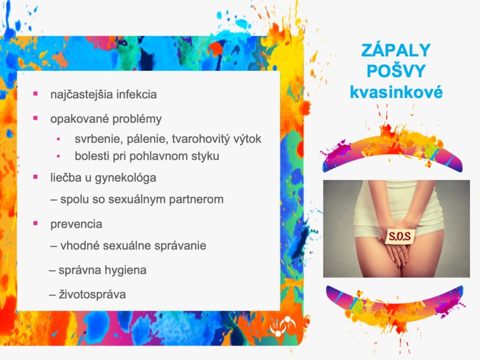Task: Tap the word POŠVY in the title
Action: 396,71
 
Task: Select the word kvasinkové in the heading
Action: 396,92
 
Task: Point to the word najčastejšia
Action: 82,95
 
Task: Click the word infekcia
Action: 136,94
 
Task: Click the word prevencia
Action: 76,225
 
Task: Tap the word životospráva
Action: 92,294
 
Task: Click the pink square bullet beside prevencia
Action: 36,223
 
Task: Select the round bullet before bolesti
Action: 58,157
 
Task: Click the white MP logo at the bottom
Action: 283,326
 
